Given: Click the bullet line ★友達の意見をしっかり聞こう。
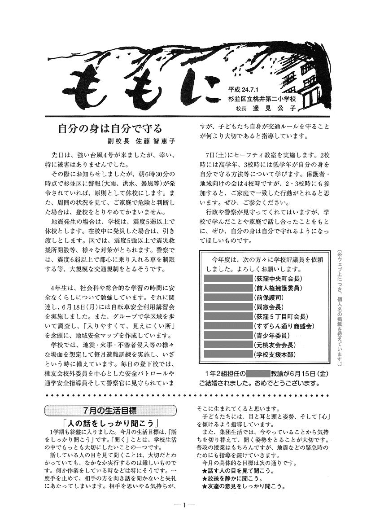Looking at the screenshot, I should (244, 486).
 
